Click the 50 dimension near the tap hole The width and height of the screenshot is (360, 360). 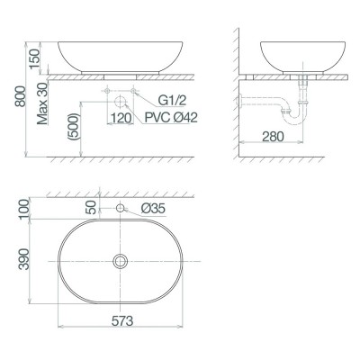[90, 205]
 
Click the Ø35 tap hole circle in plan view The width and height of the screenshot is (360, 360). [120, 210]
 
